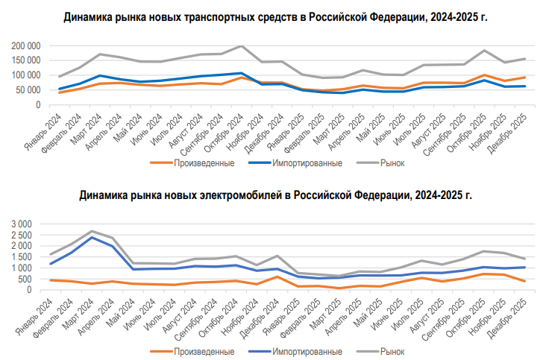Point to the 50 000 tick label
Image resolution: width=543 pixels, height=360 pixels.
[x=28, y=90]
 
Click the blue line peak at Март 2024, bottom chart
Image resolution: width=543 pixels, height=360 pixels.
[x=91, y=237]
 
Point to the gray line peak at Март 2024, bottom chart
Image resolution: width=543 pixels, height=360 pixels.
[x=91, y=231]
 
